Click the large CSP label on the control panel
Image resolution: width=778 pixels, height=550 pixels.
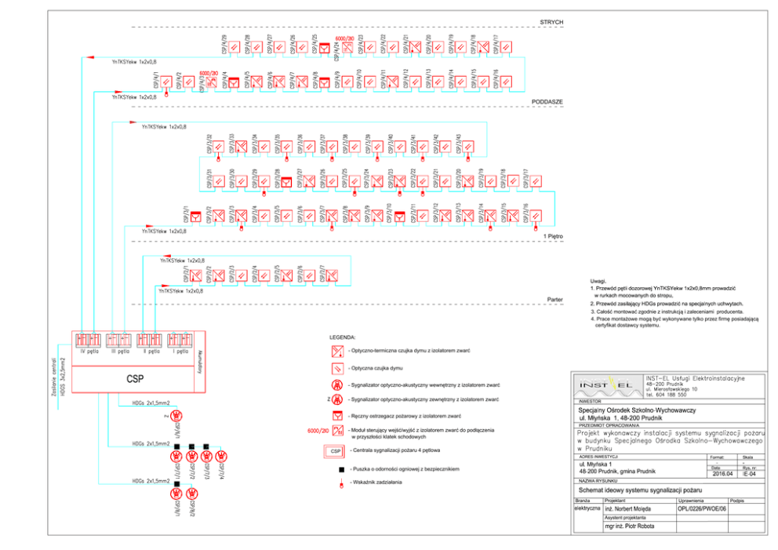coord(135,379)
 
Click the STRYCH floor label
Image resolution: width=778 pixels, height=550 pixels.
coord(551,22)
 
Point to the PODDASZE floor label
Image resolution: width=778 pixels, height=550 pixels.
coord(547,102)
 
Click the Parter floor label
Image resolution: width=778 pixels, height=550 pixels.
coord(555,299)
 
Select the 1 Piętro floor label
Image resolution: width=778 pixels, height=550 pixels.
coord(553,235)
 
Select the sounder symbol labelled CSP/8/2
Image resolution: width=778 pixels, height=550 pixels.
coord(192,495)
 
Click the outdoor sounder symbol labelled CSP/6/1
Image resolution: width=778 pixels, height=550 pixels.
coord(177,416)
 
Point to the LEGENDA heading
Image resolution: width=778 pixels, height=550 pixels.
coord(343,336)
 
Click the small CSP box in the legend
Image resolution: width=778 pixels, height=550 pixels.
coord(335,451)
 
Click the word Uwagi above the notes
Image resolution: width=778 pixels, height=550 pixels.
coord(598,282)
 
